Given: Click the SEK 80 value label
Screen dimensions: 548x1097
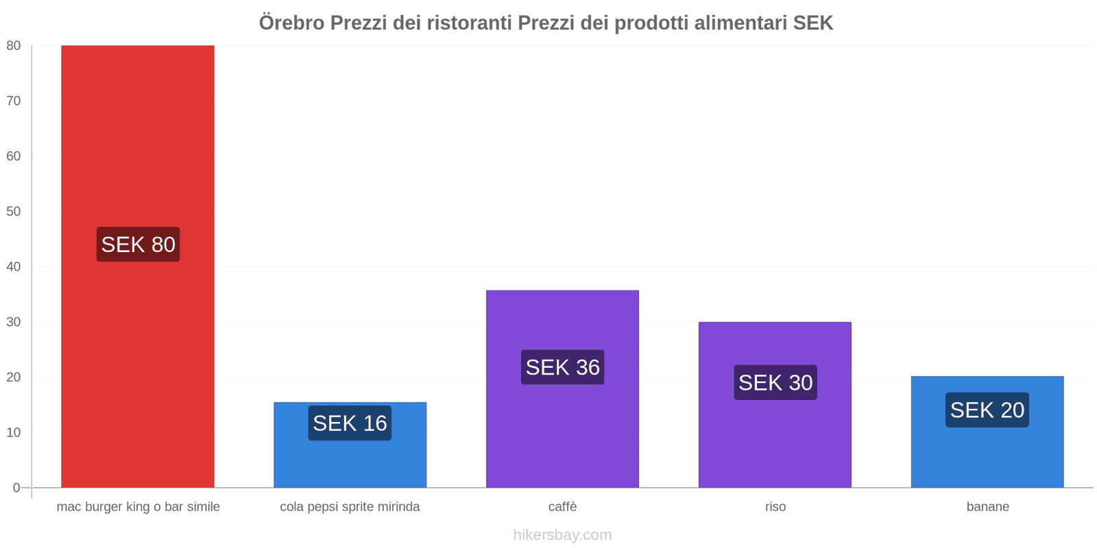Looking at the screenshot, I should pyautogui.click(x=138, y=245).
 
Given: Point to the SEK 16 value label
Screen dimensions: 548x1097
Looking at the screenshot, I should pyautogui.click(x=350, y=423).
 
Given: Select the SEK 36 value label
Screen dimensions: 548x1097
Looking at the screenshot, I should pyautogui.click(x=562, y=367).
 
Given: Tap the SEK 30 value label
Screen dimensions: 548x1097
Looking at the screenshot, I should pyautogui.click(x=775, y=382).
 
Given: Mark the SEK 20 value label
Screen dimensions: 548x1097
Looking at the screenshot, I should pyautogui.click(x=987, y=410).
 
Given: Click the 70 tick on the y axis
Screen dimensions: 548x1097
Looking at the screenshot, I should pyautogui.click(x=14, y=101).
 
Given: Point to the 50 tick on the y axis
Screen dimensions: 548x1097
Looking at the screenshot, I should pyautogui.click(x=14, y=211).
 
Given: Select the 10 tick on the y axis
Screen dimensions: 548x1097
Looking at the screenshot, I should pyautogui.click(x=14, y=432).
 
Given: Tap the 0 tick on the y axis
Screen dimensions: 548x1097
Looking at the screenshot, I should pyautogui.click(x=16, y=488).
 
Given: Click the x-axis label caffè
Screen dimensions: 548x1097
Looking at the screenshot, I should pyautogui.click(x=562, y=507).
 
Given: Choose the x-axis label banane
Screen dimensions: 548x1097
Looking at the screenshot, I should pyautogui.click(x=987, y=507).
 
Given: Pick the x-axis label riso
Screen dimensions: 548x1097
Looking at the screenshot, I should pyautogui.click(x=775, y=507).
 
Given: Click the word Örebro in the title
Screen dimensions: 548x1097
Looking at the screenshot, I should pyautogui.click(x=291, y=23).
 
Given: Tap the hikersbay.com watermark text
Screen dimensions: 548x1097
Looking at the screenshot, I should pyautogui.click(x=562, y=535).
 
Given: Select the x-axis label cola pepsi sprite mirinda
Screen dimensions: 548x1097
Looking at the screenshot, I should pyautogui.click(x=350, y=507).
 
